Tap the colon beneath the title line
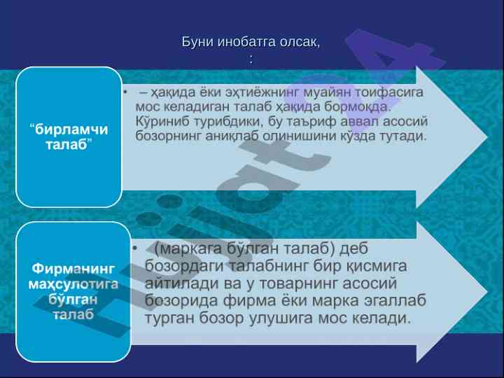(251, 60)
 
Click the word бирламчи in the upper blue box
(71, 129)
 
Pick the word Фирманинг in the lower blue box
(73, 268)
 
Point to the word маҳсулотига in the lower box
(73, 284)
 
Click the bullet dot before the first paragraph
(125, 92)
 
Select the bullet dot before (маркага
(134, 248)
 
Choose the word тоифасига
(388, 92)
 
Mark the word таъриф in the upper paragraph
(311, 122)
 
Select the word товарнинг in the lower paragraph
(298, 283)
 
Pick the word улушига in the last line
(281, 318)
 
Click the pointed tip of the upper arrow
(487, 137)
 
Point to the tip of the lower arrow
(487, 292)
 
